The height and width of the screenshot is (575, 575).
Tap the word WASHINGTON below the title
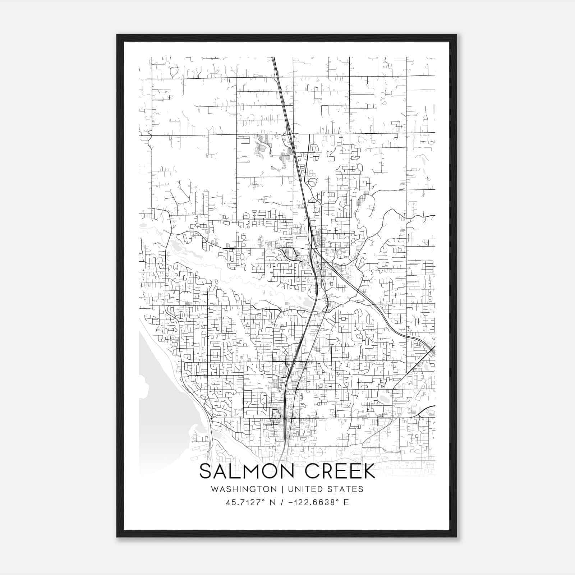[x=244, y=489]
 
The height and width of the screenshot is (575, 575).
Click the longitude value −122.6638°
[x=312, y=502]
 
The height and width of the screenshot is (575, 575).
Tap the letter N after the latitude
[x=273, y=502]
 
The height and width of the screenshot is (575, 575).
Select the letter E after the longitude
[x=346, y=502]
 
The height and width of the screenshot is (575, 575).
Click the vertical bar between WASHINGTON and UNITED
[x=282, y=489]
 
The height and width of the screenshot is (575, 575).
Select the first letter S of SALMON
[x=205, y=471]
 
